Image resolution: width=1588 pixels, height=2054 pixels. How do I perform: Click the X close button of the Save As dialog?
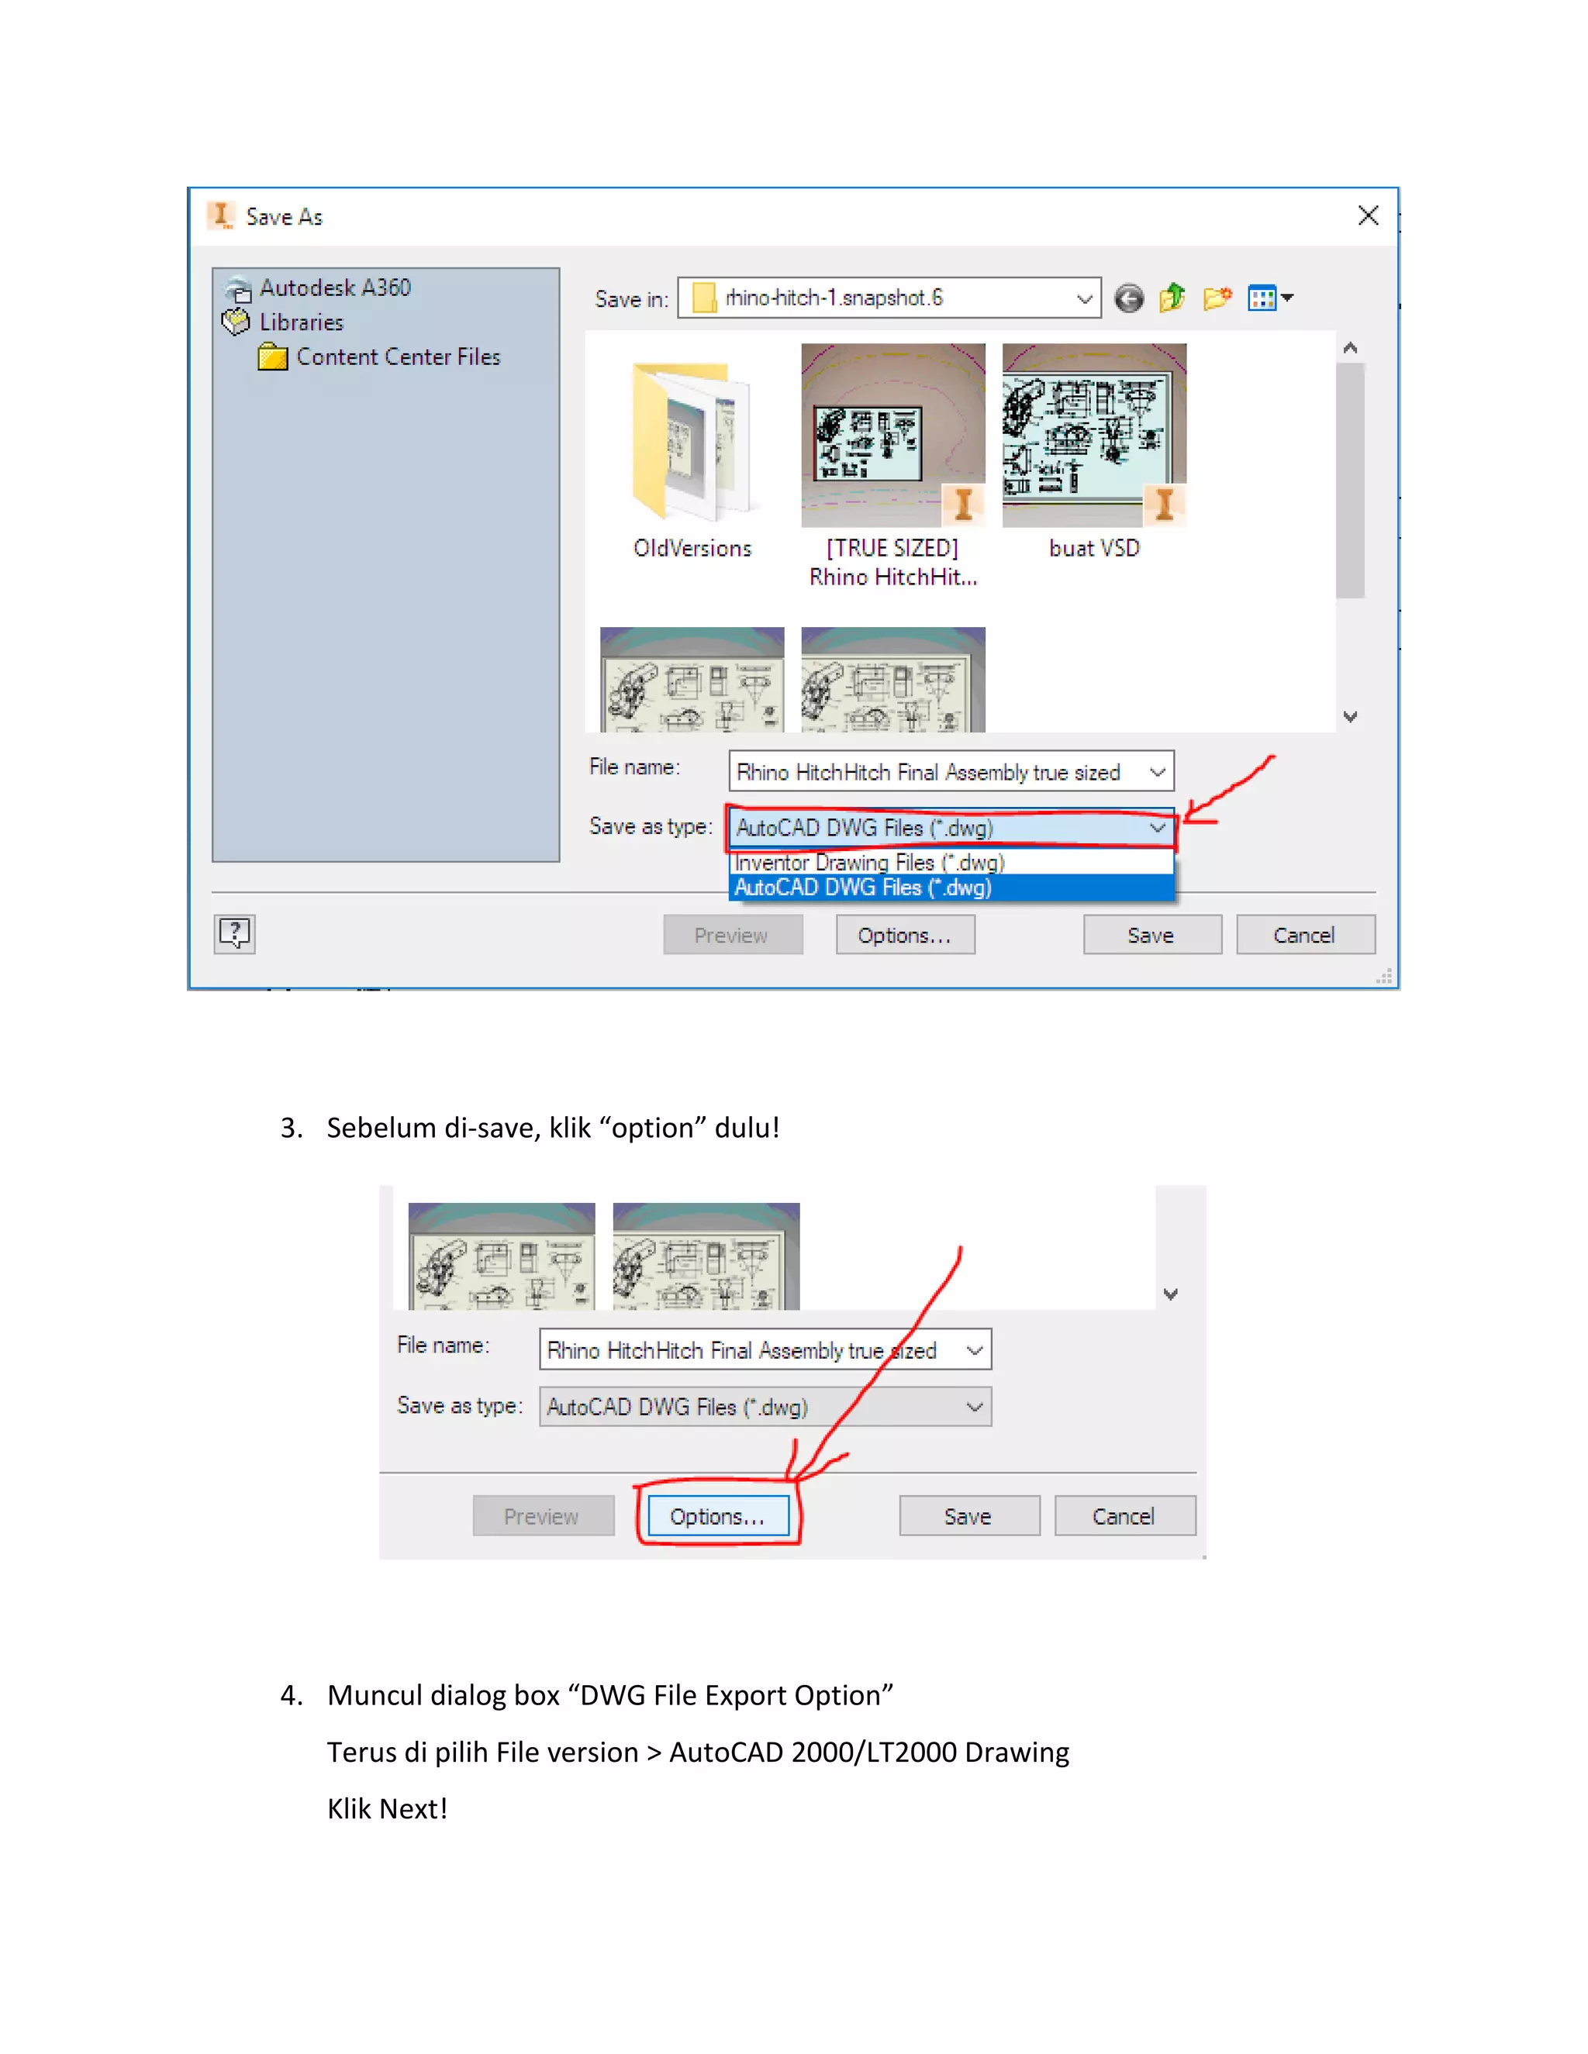click(x=1368, y=215)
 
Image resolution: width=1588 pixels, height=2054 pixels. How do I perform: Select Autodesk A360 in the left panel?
click(x=334, y=288)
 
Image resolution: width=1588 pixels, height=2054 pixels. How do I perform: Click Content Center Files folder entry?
click(x=397, y=357)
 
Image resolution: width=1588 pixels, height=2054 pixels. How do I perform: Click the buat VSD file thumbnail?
click(x=1093, y=436)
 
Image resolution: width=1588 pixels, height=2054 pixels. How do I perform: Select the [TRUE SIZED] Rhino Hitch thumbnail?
click(x=892, y=436)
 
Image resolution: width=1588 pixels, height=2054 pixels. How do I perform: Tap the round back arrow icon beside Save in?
click(x=1129, y=299)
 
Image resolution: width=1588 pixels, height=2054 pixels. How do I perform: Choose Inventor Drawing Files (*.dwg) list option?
click(x=869, y=863)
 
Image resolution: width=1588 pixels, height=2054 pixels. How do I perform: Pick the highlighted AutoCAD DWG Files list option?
click(x=863, y=887)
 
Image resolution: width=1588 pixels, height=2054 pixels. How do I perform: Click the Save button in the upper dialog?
click(x=1151, y=935)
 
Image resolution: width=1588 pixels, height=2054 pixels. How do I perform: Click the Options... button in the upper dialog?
click(x=904, y=935)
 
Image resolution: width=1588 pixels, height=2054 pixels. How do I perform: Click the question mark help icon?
click(x=233, y=934)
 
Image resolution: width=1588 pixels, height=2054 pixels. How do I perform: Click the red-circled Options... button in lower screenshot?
click(x=717, y=1516)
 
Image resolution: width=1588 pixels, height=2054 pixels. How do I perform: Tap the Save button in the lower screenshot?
click(x=968, y=1516)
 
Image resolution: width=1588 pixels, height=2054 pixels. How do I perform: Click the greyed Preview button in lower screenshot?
click(x=542, y=1516)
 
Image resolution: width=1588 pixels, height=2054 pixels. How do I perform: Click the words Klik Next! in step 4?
click(x=387, y=1808)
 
